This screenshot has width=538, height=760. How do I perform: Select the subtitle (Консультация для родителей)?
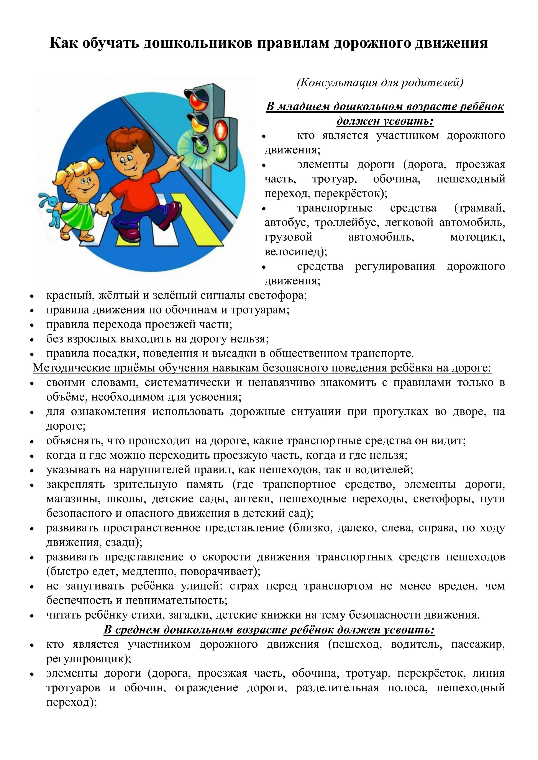[x=380, y=82]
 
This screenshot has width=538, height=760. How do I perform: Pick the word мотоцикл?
[x=477, y=237]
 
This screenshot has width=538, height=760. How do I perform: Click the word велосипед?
[x=292, y=252]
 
